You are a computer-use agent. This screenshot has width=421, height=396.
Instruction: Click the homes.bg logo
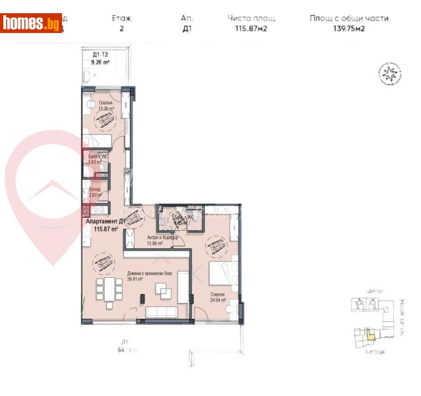point(32,24)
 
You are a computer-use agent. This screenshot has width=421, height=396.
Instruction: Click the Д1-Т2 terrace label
point(100,54)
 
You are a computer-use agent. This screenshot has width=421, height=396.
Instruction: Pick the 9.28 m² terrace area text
point(100,61)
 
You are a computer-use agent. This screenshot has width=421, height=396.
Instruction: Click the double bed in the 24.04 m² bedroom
point(221,272)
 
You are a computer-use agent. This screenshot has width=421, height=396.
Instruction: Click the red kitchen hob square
point(86,211)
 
